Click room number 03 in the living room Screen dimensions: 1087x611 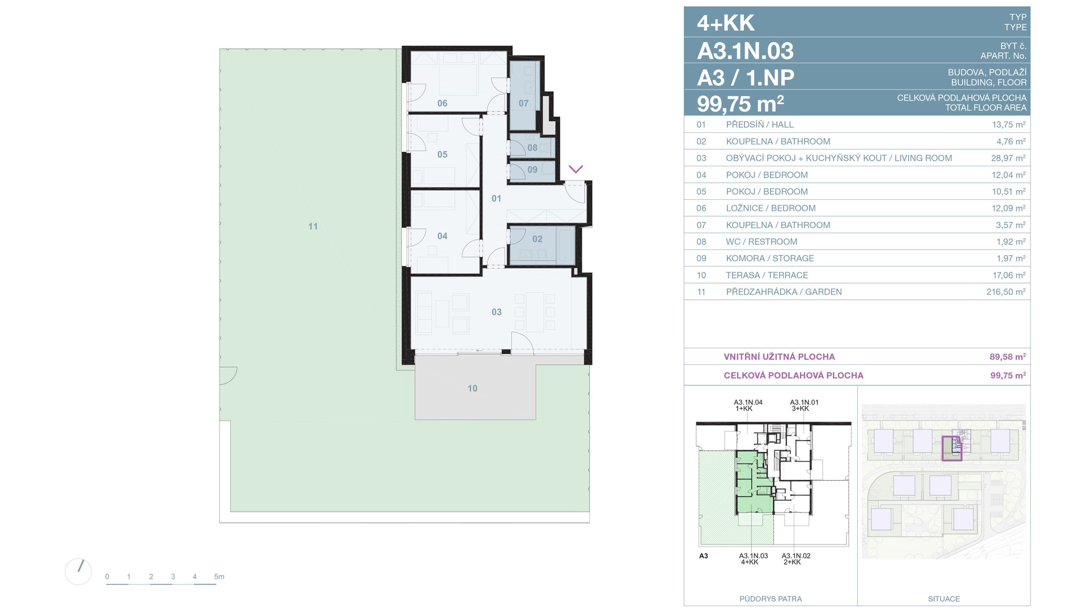(x=497, y=312)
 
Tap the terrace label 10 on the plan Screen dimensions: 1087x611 (x=472, y=389)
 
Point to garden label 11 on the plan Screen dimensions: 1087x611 (x=313, y=226)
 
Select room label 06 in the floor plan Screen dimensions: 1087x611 (x=442, y=104)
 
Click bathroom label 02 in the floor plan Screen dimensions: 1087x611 (x=537, y=239)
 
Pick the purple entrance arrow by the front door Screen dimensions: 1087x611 (x=576, y=169)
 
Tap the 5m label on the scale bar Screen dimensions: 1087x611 (x=219, y=577)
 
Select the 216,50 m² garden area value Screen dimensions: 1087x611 (x=1005, y=292)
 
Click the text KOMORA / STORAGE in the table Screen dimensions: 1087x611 (x=770, y=259)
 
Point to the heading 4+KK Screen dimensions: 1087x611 (x=726, y=23)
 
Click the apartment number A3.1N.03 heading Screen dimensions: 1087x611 (x=745, y=51)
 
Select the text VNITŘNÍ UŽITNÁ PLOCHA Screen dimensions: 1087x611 (x=780, y=357)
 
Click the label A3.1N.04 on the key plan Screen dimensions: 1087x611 (x=748, y=402)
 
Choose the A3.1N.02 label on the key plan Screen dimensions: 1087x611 (x=796, y=556)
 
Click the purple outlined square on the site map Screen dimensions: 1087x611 (x=952, y=449)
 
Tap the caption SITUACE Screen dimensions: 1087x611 (x=944, y=599)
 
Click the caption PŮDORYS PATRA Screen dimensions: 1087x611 (x=771, y=599)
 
